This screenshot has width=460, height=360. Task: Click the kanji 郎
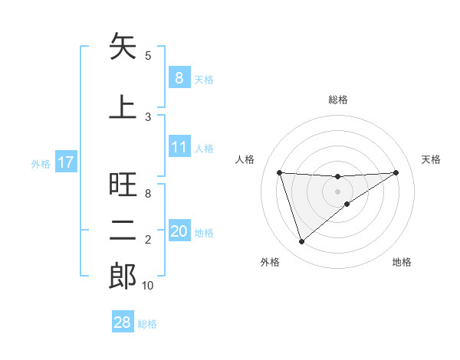tap(123, 277)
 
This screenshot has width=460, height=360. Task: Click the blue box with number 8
tap(179, 78)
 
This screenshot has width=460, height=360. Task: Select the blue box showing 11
tap(179, 147)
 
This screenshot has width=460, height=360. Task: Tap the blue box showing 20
tap(179, 231)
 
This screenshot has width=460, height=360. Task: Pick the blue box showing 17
tap(65, 162)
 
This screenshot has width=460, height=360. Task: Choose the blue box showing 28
tap(123, 322)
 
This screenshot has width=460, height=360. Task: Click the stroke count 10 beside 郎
tap(148, 286)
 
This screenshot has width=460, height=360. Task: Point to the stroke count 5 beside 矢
tap(148, 55)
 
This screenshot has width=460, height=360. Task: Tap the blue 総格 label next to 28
tap(147, 324)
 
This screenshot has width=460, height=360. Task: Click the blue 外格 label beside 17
tap(41, 163)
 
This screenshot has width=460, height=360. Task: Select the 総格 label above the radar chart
tap(337, 100)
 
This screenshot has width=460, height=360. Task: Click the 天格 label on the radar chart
tap(431, 159)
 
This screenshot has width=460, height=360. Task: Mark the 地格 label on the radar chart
tap(402, 262)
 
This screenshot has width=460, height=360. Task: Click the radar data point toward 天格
tap(396, 172)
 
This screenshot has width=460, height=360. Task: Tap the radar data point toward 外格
tap(301, 241)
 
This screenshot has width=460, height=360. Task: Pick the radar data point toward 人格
tap(279, 172)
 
